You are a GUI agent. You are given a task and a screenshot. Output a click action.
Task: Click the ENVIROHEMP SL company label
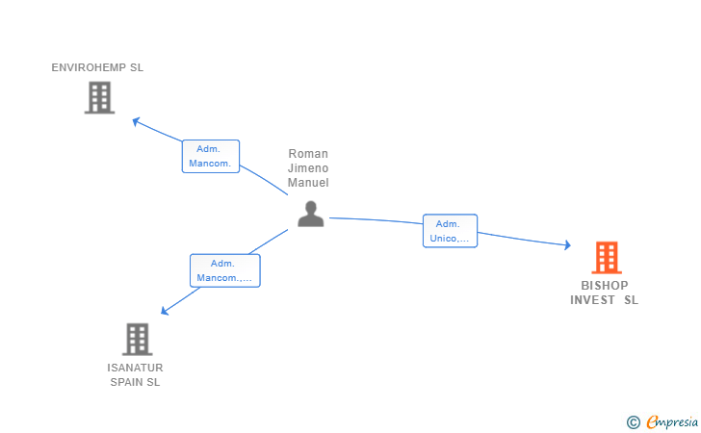(x=97, y=67)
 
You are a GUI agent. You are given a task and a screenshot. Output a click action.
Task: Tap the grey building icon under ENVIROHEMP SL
(x=100, y=97)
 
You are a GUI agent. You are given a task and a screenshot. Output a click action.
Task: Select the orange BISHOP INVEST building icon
(x=607, y=257)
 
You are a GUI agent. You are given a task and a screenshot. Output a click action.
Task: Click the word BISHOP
(x=605, y=285)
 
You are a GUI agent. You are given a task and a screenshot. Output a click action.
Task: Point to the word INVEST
(x=592, y=300)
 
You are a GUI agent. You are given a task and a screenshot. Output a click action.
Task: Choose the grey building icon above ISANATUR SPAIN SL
(x=138, y=339)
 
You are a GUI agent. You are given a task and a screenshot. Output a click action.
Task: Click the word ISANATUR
(x=135, y=368)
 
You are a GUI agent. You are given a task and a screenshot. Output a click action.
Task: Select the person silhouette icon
(x=311, y=214)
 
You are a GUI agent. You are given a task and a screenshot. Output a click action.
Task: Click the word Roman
(x=308, y=154)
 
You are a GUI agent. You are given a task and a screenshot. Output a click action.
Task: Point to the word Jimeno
(x=308, y=168)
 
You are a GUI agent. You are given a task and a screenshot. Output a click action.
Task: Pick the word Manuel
(x=308, y=182)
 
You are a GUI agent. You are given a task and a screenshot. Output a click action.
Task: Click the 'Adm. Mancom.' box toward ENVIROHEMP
(x=211, y=157)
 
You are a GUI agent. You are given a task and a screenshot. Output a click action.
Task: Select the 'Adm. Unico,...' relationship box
(x=451, y=231)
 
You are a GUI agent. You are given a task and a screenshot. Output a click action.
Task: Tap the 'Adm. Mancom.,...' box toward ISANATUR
(x=225, y=270)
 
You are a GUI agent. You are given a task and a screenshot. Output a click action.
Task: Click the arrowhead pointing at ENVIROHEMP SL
(x=136, y=121)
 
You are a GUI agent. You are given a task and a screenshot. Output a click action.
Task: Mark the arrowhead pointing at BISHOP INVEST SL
(x=567, y=244)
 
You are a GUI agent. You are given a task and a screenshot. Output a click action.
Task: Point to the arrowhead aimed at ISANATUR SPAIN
(x=165, y=311)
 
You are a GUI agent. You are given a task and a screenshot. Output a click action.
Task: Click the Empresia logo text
(x=672, y=421)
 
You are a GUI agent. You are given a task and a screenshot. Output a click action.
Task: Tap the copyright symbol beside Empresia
(x=634, y=422)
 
